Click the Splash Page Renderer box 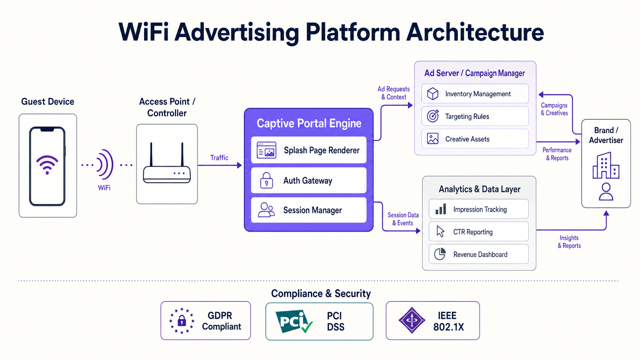coord(309,150)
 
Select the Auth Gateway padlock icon coord(266,180)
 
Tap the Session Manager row coord(309,210)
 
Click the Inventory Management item coord(475,94)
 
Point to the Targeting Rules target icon coord(433,116)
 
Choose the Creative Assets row coord(475,139)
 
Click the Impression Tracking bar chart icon coord(440,209)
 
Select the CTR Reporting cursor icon coord(440,232)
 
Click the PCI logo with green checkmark coord(294,321)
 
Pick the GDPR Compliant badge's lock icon coord(182,321)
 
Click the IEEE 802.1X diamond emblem coord(412,320)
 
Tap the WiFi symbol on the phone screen coord(47,165)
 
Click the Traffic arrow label coord(219,157)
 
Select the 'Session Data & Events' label coord(403,219)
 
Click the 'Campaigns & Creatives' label coord(554,109)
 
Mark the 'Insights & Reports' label coord(569,242)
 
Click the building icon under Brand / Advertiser coord(606,166)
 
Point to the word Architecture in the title coord(475,32)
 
